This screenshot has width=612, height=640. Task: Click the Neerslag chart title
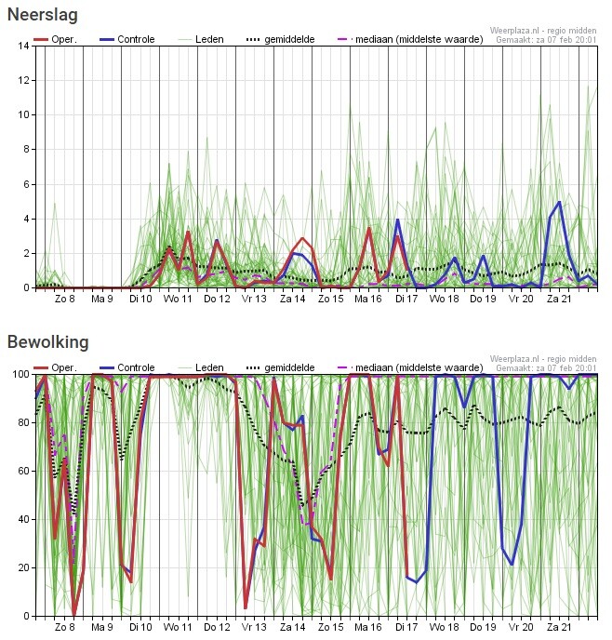tap(42, 15)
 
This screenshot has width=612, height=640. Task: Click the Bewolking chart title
tap(47, 342)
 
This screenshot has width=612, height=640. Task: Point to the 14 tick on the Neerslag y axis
tap(22, 46)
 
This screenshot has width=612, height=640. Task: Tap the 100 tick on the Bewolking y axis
tap(20, 374)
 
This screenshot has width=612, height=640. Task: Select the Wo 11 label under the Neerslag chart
tap(179, 300)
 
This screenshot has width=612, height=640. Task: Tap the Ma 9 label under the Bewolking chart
tap(102, 627)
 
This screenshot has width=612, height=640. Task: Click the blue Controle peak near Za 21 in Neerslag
tap(559, 202)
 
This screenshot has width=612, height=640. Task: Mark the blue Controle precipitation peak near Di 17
tap(397, 220)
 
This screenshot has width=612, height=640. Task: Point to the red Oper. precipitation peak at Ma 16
tap(368, 228)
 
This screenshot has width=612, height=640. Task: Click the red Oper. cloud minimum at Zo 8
tap(74, 615)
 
